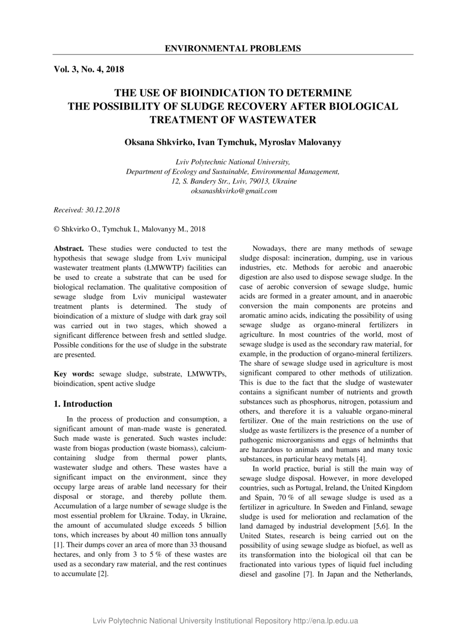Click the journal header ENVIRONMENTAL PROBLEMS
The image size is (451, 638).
click(233, 48)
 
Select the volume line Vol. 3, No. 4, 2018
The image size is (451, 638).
click(89, 69)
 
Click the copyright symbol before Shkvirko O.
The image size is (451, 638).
click(57, 229)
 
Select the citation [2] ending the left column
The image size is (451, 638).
click(102, 574)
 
